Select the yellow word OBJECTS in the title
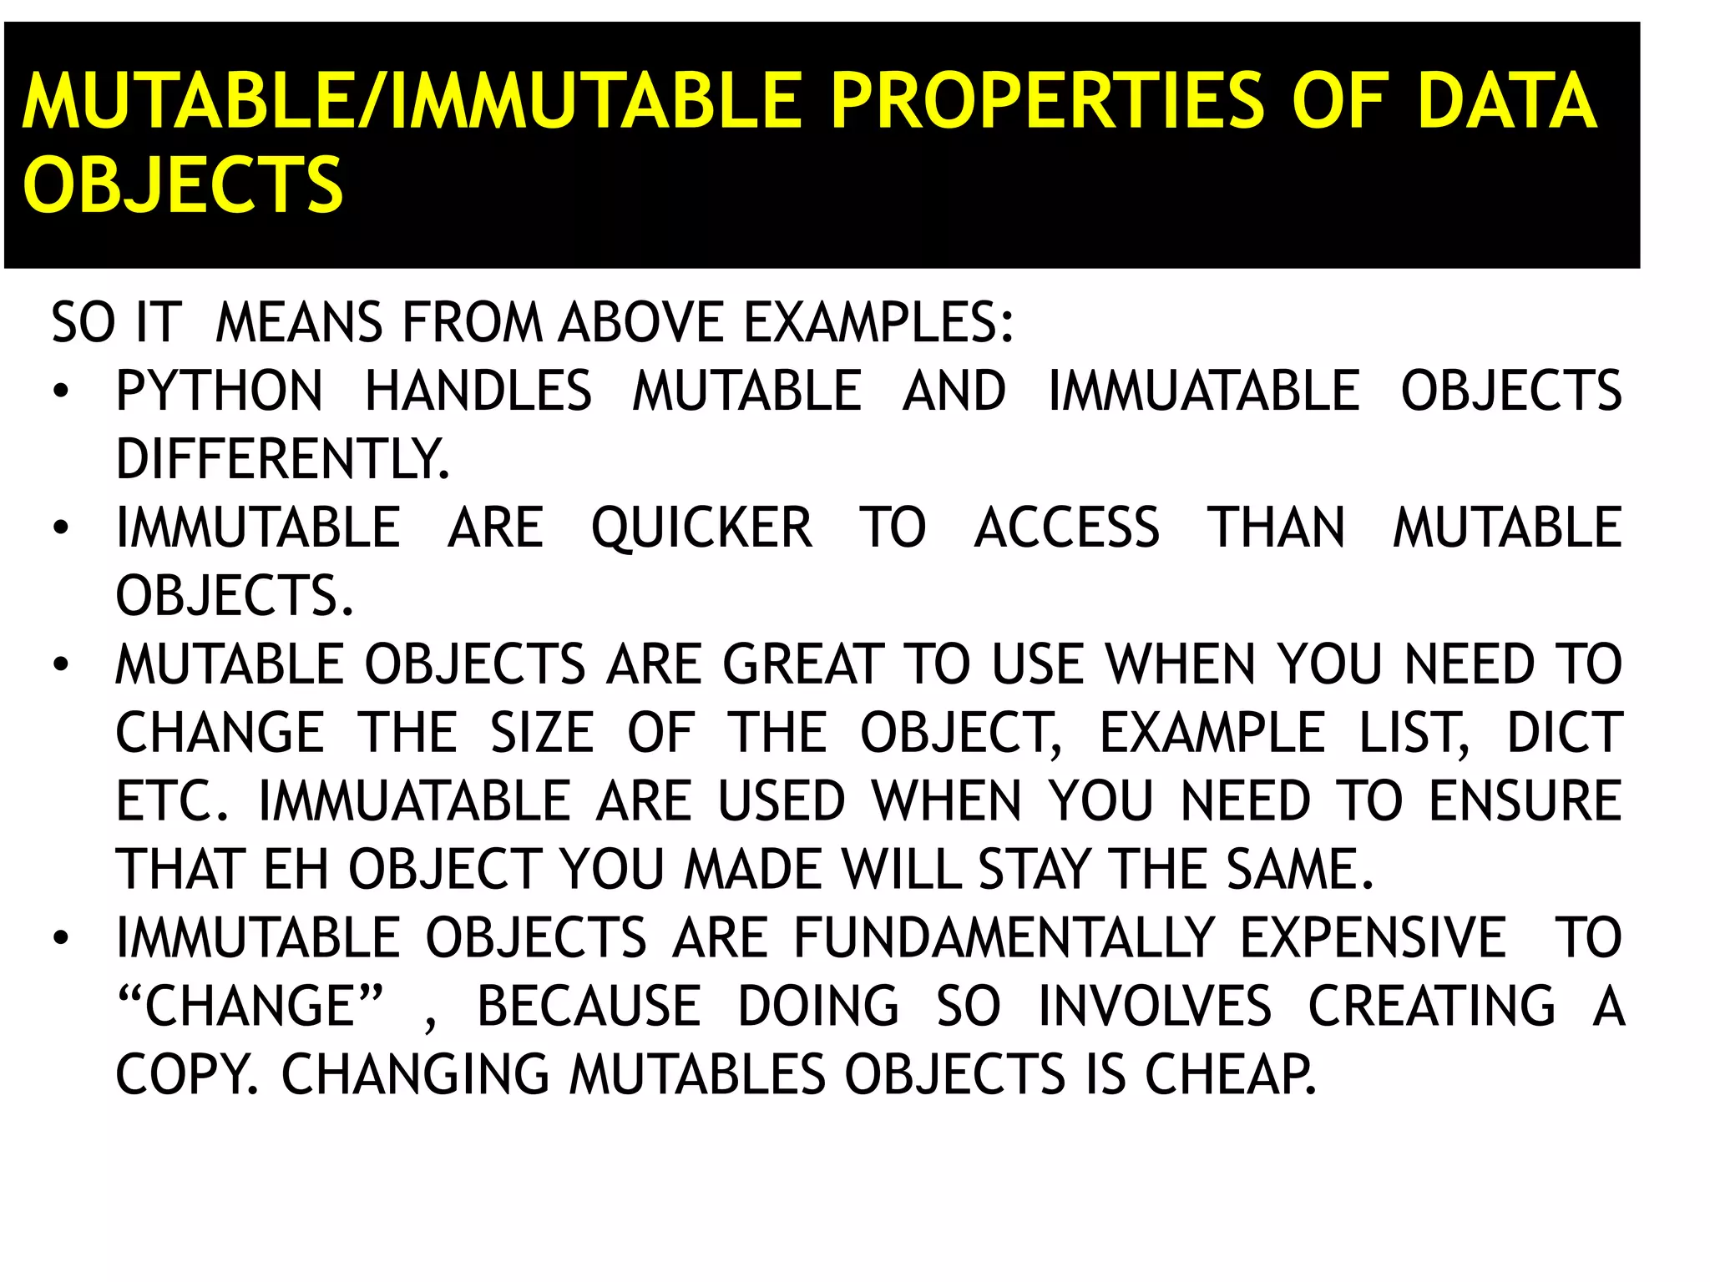(x=183, y=185)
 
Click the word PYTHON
(x=219, y=391)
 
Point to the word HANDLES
(x=478, y=391)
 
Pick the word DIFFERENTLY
(x=282, y=459)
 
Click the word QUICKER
(x=701, y=528)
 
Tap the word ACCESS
(x=1067, y=528)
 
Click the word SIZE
(x=542, y=733)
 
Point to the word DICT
(x=1565, y=733)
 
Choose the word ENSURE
(x=1525, y=801)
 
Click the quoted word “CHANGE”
(x=250, y=1006)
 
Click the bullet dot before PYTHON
(x=60, y=392)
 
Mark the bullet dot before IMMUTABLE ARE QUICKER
(x=60, y=529)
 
